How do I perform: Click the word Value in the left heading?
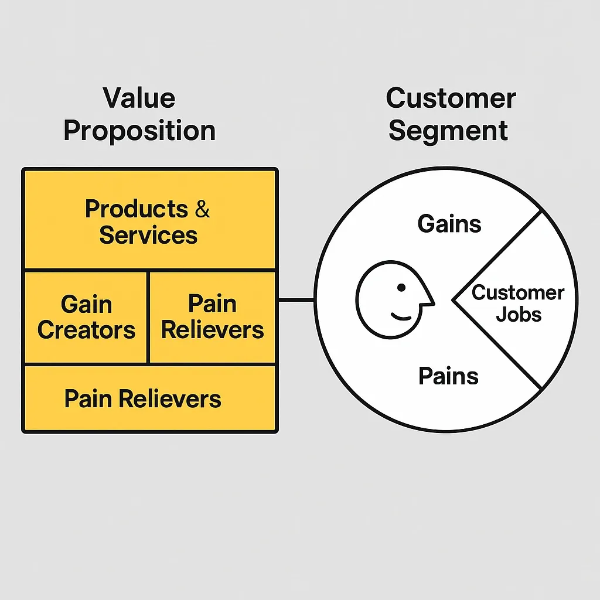(x=139, y=98)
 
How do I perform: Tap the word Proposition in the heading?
(x=139, y=131)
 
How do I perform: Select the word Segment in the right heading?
(x=448, y=131)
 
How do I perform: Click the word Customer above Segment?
(x=451, y=98)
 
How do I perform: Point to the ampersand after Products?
(x=202, y=210)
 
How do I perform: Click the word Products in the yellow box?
(x=136, y=209)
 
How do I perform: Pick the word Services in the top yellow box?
(x=148, y=236)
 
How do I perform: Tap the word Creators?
(x=86, y=330)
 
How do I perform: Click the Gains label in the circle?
(x=449, y=224)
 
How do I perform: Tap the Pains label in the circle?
(x=448, y=376)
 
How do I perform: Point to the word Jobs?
(x=519, y=315)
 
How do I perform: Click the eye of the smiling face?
(x=401, y=288)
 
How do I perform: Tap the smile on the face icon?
(x=401, y=317)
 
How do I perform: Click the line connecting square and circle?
(x=296, y=301)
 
